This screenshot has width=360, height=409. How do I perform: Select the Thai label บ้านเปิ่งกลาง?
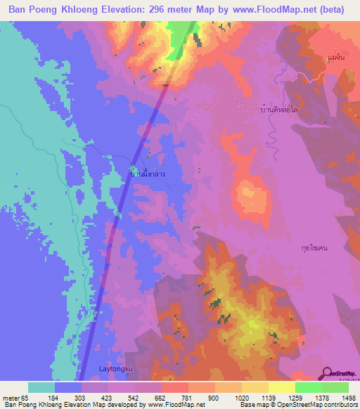(x=147, y=171)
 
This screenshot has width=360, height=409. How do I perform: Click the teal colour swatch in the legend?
(x=41, y=387)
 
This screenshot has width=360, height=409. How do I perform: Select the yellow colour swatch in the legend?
(x=281, y=387)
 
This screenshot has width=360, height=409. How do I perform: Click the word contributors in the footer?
(x=340, y=404)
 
